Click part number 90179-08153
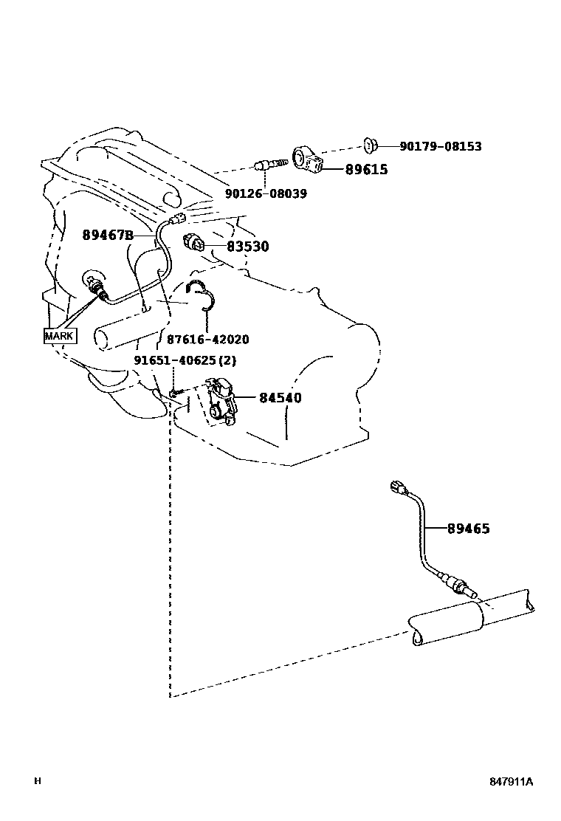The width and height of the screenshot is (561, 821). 441,146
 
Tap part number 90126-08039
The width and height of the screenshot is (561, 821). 266,193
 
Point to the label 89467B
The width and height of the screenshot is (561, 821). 107,235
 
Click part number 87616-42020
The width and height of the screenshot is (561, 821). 207,340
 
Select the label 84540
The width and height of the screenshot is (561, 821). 280,398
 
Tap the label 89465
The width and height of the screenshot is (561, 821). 468,529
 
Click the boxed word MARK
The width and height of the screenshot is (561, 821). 60,336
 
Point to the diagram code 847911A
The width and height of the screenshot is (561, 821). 511,782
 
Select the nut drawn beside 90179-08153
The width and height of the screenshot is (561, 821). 371,145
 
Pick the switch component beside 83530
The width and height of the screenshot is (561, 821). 194,244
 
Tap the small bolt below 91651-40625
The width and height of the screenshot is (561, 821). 173,392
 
